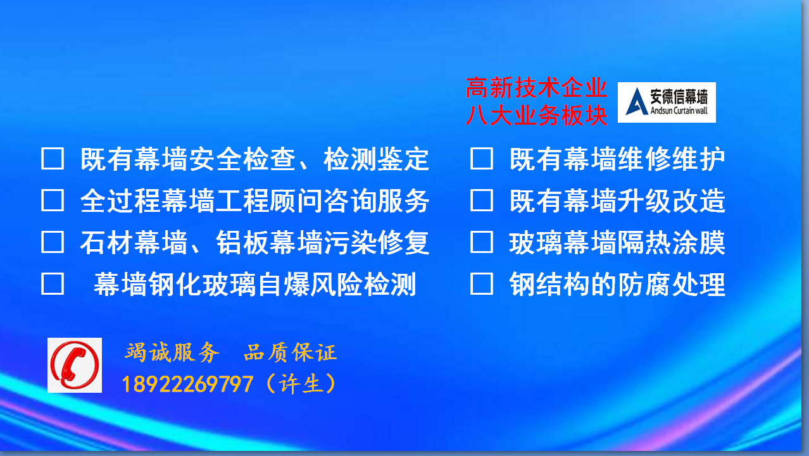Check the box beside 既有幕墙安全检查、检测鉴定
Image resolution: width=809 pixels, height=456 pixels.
point(53,158)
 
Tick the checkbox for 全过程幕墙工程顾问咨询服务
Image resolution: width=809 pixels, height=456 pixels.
point(53,200)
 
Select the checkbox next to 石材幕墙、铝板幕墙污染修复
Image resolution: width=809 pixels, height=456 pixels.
point(53,242)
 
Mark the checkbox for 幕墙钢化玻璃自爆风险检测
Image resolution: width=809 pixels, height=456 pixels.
point(53,284)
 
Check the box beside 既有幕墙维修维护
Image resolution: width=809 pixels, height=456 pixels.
point(482,158)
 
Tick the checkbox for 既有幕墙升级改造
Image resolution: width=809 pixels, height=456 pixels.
point(482,200)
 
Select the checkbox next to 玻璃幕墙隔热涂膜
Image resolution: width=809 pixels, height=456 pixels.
point(482,242)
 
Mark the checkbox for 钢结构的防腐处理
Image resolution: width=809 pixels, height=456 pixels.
point(482,284)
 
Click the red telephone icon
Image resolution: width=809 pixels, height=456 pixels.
point(75,365)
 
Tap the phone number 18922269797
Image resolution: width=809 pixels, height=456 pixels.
point(187,384)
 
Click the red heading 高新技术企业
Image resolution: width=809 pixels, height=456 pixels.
point(537,88)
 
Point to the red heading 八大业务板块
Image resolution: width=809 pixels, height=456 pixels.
point(537,116)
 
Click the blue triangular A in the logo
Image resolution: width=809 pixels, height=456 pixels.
point(636,102)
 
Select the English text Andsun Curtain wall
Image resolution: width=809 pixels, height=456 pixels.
point(679,111)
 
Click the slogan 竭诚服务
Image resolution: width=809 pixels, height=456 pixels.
point(172,352)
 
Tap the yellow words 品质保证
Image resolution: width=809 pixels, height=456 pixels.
point(291,352)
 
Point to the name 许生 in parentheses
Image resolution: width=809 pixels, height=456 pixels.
point(300,384)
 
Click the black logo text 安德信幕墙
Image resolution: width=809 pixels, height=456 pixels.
point(679,97)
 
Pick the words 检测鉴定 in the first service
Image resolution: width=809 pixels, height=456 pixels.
point(376,159)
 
